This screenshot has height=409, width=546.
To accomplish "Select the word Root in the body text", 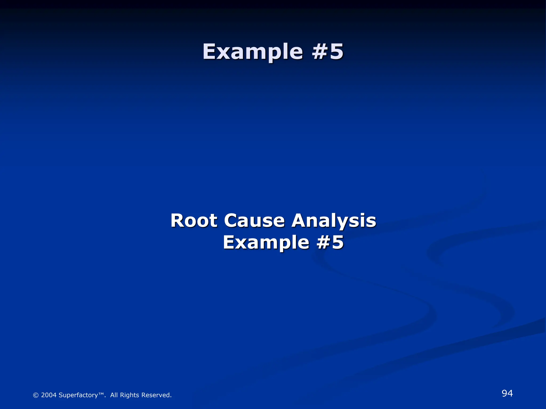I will coord(194,221).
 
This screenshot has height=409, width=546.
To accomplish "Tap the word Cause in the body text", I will coord(254,221).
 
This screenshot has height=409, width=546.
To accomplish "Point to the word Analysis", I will coord(334,221).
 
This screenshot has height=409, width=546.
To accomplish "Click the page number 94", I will coord(507,393).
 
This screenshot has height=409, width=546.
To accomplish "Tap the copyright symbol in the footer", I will coord(36,395).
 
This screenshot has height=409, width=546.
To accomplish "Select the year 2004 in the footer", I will coord(49,395).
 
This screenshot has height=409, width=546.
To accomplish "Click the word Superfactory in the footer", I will coord(78,395).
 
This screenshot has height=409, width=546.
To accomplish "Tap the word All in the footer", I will coord(114,395).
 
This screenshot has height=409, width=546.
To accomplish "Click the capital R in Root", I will coord(177,221).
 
